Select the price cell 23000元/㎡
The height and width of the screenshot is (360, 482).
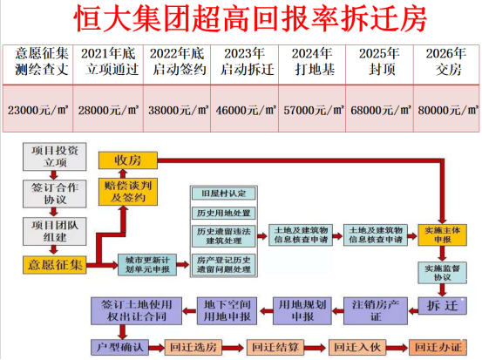[x=39, y=111]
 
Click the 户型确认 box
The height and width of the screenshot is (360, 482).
[x=123, y=347]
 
